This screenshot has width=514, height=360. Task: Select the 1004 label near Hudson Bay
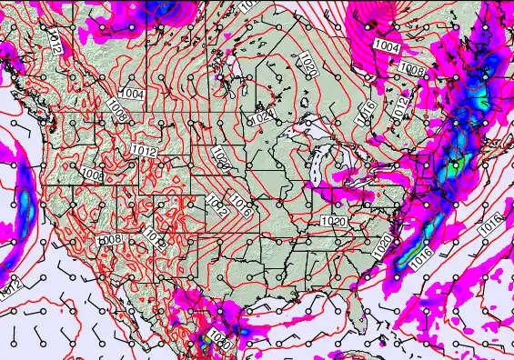coord(386,46)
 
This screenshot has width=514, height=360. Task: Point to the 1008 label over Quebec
coord(412,70)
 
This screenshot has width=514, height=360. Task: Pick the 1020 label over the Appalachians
coord(334,221)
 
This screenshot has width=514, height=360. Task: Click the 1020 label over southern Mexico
coord(219,338)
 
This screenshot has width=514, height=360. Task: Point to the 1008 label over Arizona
coord(110,239)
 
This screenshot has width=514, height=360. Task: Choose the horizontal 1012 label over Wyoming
coord(145,150)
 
